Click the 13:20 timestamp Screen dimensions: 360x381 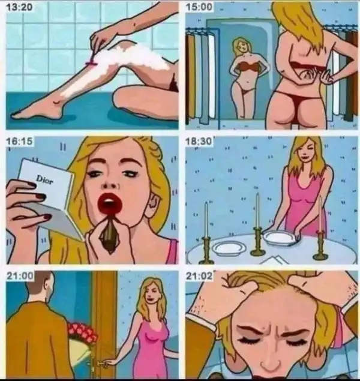[x=19, y=7]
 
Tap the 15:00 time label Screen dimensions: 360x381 [x=199, y=7]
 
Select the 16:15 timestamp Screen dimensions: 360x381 [x=19, y=141]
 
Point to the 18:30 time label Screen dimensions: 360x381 [x=199, y=141]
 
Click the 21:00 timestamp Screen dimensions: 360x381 [x=20, y=276]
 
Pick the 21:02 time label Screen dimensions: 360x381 [x=199, y=276]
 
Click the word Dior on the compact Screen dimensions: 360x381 [x=44, y=179]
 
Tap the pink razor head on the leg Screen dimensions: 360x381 [x=91, y=64]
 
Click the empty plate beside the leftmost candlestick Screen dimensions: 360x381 [x=229, y=248]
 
